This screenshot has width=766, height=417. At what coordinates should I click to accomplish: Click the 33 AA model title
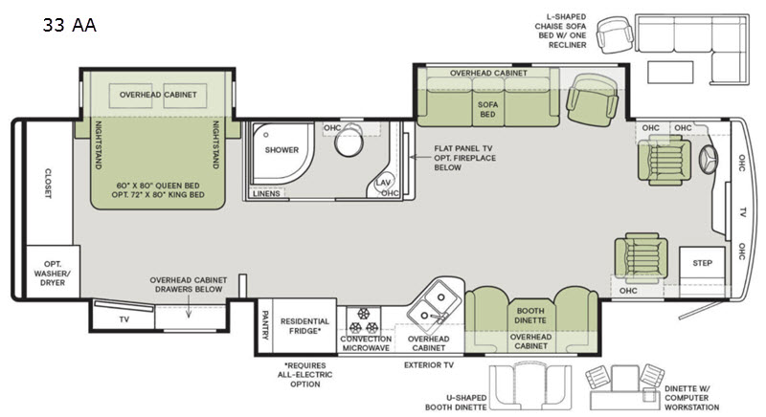point(69,24)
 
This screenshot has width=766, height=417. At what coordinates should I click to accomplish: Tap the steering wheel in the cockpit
point(709,159)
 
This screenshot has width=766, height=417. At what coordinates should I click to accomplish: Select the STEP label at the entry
point(702,263)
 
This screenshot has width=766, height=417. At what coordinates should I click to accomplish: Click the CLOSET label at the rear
point(48,184)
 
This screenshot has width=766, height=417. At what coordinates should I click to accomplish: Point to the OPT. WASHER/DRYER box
point(53,272)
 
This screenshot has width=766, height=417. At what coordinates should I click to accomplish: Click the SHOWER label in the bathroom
point(282,150)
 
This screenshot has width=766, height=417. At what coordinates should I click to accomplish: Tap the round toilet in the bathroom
point(349,140)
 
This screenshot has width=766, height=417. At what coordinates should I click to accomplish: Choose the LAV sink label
point(383,183)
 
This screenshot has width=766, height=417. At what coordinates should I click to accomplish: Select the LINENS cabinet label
point(266,193)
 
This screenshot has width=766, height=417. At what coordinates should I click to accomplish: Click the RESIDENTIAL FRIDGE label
point(304,326)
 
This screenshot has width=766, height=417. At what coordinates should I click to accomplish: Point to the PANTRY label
point(265,325)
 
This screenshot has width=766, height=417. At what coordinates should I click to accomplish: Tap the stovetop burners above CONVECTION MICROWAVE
point(364,320)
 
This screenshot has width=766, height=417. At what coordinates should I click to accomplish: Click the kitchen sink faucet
point(438,318)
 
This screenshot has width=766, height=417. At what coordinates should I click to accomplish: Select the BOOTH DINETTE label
point(530,316)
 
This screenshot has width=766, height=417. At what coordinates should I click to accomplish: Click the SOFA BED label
point(487,109)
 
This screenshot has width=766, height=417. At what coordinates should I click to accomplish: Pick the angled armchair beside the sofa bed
point(592,99)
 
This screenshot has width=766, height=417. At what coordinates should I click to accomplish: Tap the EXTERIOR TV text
point(428,364)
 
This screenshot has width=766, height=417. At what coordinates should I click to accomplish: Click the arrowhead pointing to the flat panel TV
point(413,157)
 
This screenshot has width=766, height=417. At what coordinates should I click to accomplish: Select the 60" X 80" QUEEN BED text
point(158,186)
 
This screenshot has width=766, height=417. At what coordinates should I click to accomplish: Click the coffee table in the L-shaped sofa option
point(669,72)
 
